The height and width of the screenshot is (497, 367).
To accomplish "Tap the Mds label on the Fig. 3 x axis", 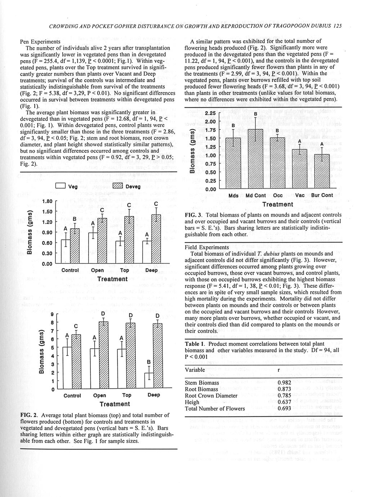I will tap(233, 195).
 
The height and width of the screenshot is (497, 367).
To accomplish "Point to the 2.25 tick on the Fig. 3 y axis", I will tap(210, 113).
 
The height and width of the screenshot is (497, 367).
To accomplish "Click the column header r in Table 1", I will tap(278, 370).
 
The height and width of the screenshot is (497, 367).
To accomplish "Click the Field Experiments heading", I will tap(207, 247).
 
